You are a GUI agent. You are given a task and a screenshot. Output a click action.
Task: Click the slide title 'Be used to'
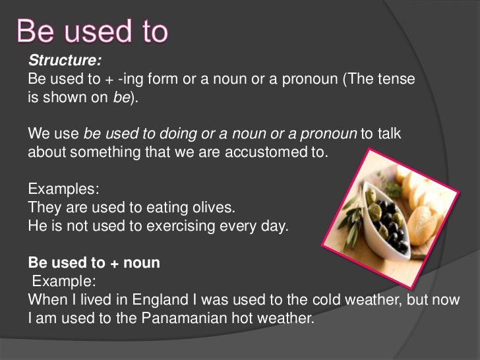[92, 31]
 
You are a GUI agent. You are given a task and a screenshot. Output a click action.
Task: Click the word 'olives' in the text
[215, 208]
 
